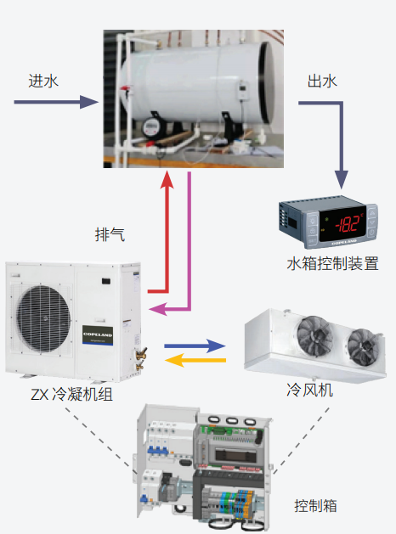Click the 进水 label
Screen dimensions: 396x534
(x=43, y=81)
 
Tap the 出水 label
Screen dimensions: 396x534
(x=322, y=81)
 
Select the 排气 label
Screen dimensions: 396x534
(x=110, y=234)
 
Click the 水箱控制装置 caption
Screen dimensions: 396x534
(x=332, y=263)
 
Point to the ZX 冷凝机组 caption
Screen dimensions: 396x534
(x=71, y=395)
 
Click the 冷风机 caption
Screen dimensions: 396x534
(x=309, y=390)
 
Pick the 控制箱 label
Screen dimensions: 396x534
(x=315, y=506)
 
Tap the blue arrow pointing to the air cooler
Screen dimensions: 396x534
(x=195, y=346)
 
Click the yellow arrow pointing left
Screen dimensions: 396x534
(x=195, y=360)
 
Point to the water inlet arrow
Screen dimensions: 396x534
(x=56, y=102)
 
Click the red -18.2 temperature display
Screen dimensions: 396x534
(x=343, y=224)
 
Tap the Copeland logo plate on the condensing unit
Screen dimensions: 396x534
(x=98, y=335)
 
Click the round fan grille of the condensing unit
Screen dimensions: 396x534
(x=43, y=318)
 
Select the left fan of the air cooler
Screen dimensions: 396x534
(x=315, y=336)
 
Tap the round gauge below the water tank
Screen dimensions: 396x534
(x=150, y=127)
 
